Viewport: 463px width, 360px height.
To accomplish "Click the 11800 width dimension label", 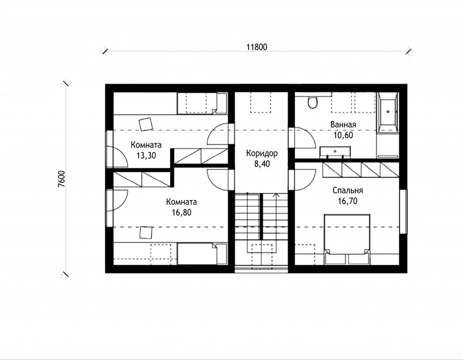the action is click(x=257, y=47).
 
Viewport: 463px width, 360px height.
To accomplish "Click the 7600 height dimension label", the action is click(x=61, y=179).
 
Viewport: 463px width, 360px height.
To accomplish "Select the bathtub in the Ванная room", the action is click(x=387, y=111).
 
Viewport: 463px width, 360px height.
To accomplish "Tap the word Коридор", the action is click(x=262, y=154).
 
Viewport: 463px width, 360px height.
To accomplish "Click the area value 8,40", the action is click(x=262, y=164).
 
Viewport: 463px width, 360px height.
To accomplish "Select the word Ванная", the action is click(x=343, y=125).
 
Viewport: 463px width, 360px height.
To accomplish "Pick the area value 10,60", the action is click(x=343, y=135).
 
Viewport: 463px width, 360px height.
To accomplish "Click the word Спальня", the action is click(x=348, y=190).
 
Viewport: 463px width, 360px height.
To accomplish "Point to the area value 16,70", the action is click(x=348, y=201).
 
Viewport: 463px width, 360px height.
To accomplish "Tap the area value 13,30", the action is click(x=146, y=155).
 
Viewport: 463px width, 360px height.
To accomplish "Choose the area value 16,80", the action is click(x=182, y=212).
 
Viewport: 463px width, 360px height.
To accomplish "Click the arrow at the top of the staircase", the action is click(x=276, y=195).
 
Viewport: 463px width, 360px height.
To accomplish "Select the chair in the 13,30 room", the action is click(x=146, y=124).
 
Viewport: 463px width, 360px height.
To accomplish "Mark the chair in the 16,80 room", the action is click(x=146, y=233).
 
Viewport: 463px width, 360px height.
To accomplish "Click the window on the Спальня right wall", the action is click(x=403, y=211).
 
